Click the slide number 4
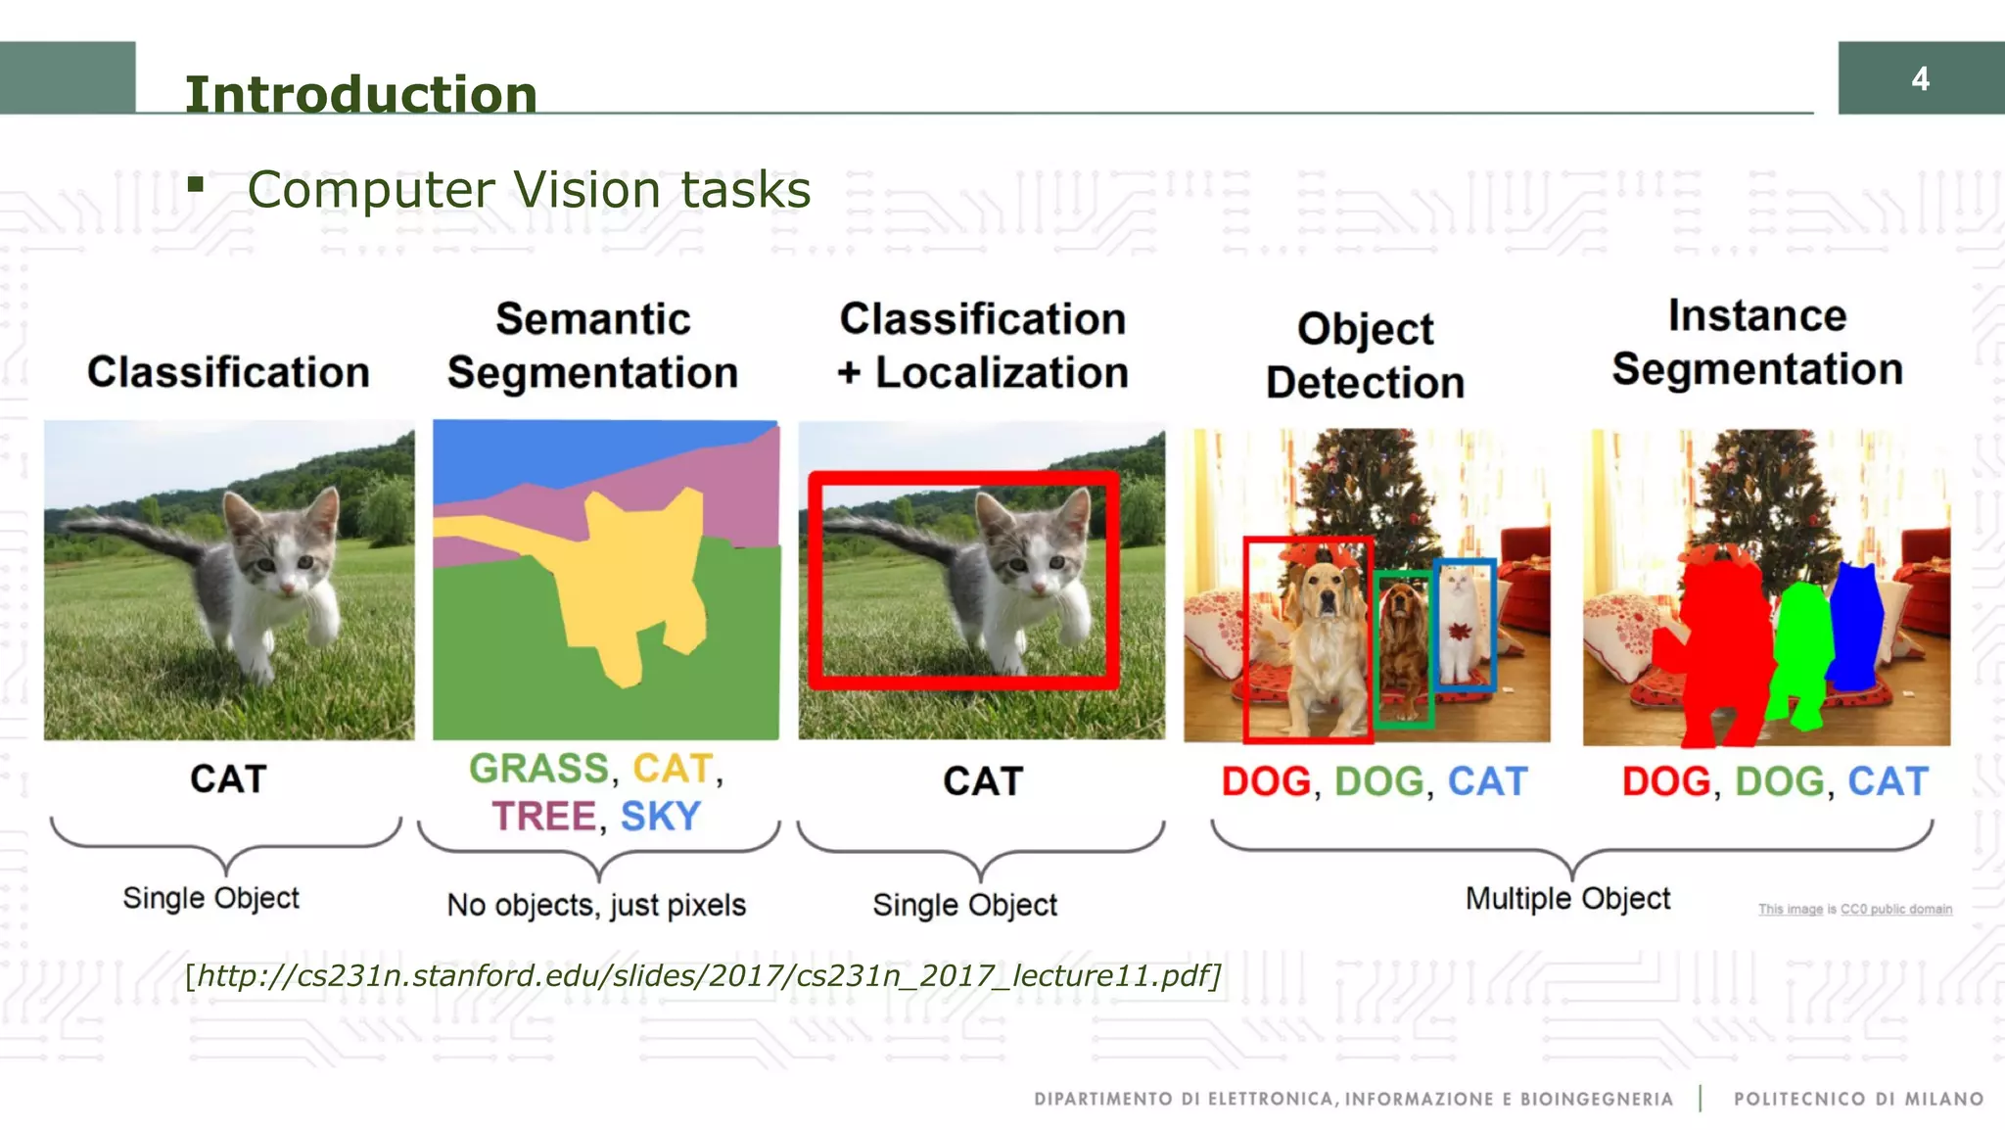[1920, 79]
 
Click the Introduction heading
[360, 95]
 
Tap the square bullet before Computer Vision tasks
[196, 184]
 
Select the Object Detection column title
[1365, 355]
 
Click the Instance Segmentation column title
[1757, 343]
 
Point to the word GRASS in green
[538, 769]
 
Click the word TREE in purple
[543, 817]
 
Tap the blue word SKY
[661, 817]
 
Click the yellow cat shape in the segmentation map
[636, 578]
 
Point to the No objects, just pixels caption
[596, 905]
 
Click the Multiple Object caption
[1567, 898]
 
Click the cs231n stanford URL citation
[703, 976]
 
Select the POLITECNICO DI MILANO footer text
[1858, 1099]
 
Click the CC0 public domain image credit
[1854, 910]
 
